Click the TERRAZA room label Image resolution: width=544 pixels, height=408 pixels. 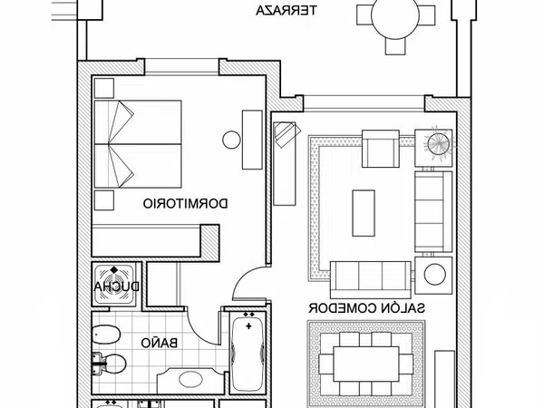(x=287, y=10)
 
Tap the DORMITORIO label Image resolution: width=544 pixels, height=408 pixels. (x=186, y=204)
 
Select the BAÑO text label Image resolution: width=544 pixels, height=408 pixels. (x=160, y=343)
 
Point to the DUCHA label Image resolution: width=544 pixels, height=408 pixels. (x=117, y=287)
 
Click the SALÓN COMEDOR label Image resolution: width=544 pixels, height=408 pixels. (x=366, y=307)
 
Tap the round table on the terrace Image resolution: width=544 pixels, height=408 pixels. (x=395, y=15)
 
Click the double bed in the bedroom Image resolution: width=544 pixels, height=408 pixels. (x=138, y=144)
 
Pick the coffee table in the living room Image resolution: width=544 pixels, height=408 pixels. (x=364, y=213)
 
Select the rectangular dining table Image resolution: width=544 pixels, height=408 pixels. (x=366, y=364)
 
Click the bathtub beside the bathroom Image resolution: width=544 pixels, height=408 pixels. (x=248, y=353)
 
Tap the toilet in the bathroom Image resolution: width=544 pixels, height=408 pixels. (x=109, y=364)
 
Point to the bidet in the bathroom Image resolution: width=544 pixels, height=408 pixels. (x=107, y=335)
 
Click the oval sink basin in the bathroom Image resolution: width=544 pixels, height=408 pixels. (x=190, y=379)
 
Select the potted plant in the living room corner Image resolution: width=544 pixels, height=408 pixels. (x=439, y=144)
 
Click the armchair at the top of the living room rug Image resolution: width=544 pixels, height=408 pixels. (x=381, y=149)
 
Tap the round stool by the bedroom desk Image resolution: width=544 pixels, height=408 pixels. (x=231, y=140)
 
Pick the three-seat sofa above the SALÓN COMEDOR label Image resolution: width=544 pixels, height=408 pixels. (x=371, y=280)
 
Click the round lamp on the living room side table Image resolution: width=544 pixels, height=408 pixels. (x=434, y=275)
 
